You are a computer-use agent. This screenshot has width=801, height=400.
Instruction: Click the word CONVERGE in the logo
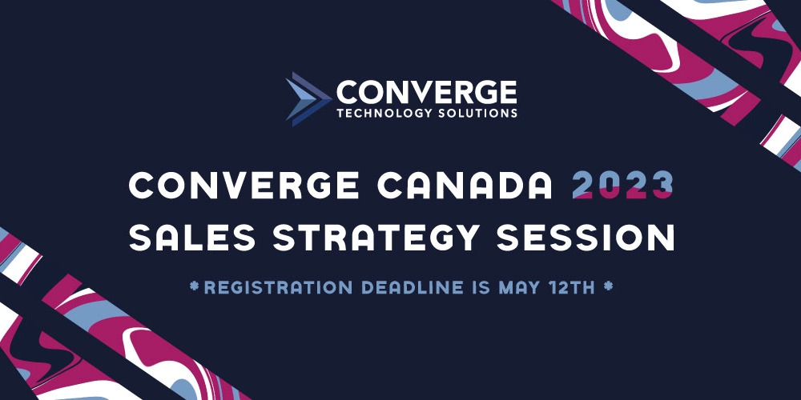[x=426, y=90]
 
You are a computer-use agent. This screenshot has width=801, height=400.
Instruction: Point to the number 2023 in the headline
[x=622, y=186]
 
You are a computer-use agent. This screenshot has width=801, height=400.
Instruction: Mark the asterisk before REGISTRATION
[x=194, y=286]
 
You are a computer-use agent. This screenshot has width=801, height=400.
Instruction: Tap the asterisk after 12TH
[x=608, y=286]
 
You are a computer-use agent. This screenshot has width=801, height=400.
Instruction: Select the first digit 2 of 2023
[x=584, y=186]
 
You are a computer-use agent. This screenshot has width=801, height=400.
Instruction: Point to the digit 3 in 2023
[x=662, y=186]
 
